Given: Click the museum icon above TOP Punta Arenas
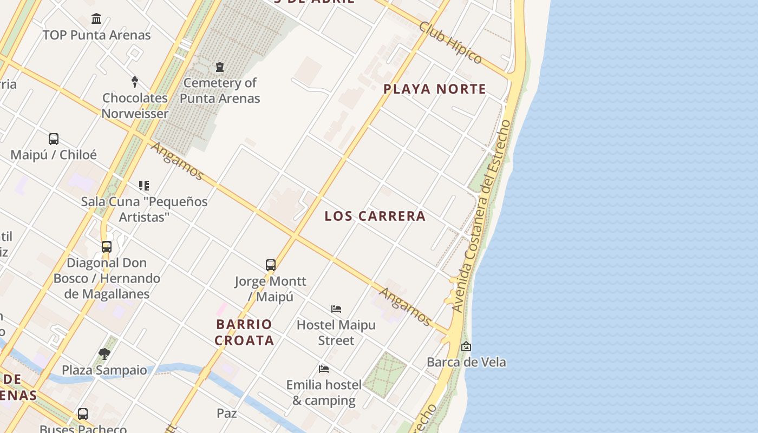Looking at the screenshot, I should coord(96,19).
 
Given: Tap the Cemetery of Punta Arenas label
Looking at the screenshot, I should coord(220,90).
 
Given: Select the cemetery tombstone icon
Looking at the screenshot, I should coord(219,68).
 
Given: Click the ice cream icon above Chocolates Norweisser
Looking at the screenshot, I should coord(135,82).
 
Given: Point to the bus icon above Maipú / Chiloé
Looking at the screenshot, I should coord(54,139).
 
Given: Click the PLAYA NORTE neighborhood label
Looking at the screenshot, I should coord(435,89).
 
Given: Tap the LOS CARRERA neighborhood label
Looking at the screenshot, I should coord(375,216).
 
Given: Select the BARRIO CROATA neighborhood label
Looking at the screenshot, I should coord(244,332).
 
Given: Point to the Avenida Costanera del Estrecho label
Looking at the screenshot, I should coord(481,216).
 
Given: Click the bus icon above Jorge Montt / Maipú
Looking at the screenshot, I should coord(271,265).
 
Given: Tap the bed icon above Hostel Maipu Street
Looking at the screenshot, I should coord(336,309).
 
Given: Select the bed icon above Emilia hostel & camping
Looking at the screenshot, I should coord(324,369).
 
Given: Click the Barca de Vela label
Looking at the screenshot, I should coord(466,362).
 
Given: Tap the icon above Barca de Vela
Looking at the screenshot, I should coord(466,346).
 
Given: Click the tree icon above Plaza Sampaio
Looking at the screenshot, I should coord(104,354).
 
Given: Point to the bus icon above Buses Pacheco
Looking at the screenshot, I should coord(83,414).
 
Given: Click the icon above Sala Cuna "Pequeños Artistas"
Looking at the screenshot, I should coord(144,186).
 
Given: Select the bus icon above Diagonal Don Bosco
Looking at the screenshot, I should coord(107,247).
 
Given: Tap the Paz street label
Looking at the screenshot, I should coord(227,413).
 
